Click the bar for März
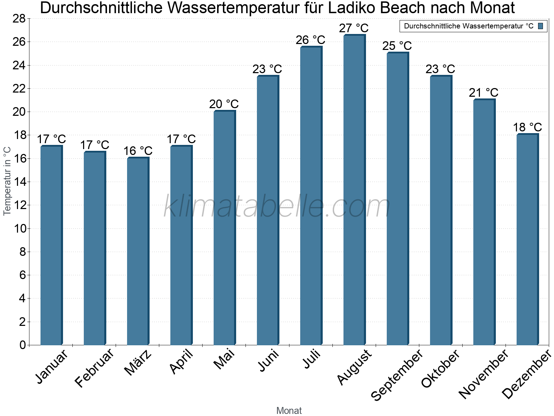(x=138, y=251)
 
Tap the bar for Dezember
(x=527, y=240)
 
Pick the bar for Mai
(x=224, y=228)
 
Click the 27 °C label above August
(x=354, y=28)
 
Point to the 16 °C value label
(x=138, y=151)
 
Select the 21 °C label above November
(x=483, y=93)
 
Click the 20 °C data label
(x=224, y=104)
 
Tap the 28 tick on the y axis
(x=19, y=19)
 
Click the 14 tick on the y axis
(x=19, y=182)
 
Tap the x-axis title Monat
(x=289, y=411)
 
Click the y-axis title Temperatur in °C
(x=7, y=181)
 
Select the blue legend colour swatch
(x=540, y=26)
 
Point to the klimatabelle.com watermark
(x=277, y=207)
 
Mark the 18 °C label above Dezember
(x=527, y=127)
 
